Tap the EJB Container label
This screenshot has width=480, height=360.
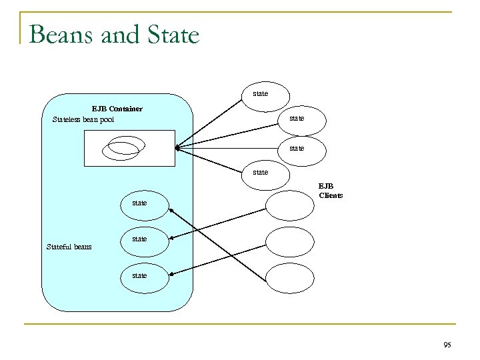pos(117,108)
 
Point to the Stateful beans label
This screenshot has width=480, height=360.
pos(69,247)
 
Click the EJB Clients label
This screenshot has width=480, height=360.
pos(330,191)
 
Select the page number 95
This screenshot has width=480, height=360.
pos(446,345)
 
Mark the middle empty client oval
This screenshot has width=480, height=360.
pos(289,241)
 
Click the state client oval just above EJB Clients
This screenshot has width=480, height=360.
pos(261,173)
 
